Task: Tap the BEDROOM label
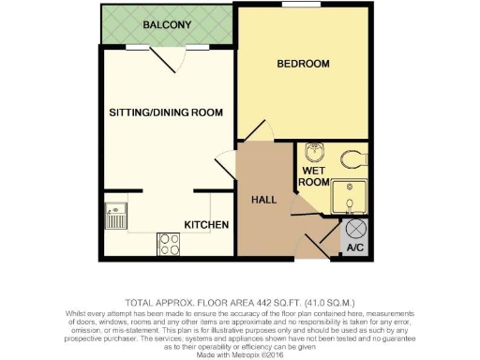point(303,64)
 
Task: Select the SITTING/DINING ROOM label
point(165,112)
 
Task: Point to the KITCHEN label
point(206,225)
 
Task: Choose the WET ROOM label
point(314,176)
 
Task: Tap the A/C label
point(355,249)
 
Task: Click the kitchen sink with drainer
point(116,217)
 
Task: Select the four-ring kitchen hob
point(171,245)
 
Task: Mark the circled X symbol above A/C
point(356,229)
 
